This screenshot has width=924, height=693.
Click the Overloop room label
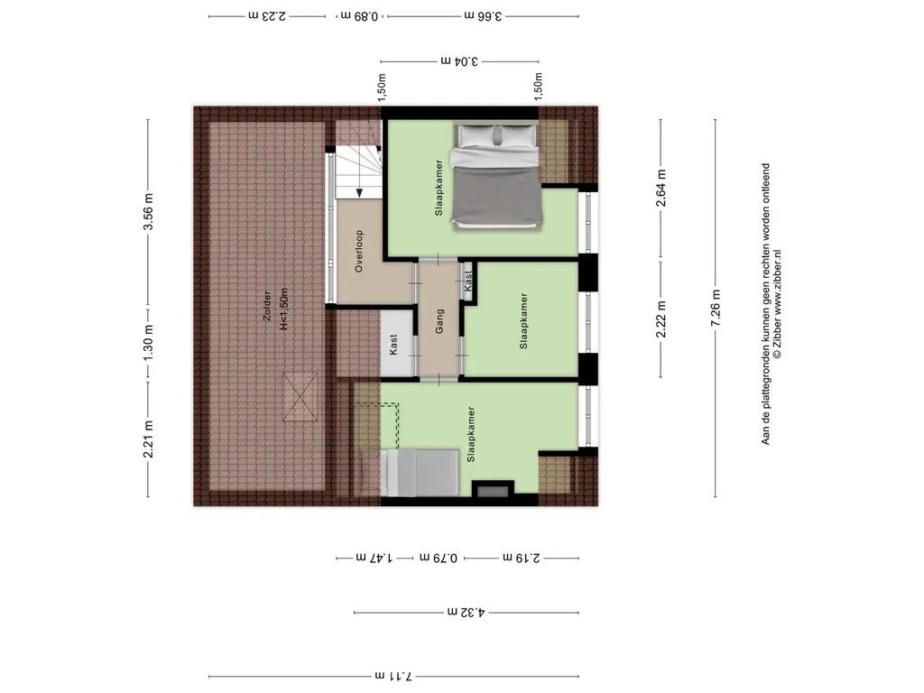[x=359, y=251]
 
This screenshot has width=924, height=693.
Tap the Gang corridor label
[x=439, y=322]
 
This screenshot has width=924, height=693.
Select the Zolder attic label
[x=267, y=306]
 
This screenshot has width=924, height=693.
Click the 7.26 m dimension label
[x=716, y=308]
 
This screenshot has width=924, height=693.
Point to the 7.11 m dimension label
[x=393, y=675]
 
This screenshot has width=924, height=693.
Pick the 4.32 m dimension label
[x=466, y=613]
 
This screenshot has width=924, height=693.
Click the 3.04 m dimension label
[x=459, y=60]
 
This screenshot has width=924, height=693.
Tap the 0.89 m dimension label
[x=359, y=16]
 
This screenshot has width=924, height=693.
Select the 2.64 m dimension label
[x=661, y=188]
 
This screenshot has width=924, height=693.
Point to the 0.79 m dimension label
[x=439, y=558]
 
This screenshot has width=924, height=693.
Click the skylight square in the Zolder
[x=300, y=397]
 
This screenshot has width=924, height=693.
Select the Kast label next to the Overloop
[x=393, y=344]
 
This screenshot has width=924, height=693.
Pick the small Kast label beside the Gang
[x=468, y=281]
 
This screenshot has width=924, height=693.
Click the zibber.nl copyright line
[x=777, y=304]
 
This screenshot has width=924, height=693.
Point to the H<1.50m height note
[x=284, y=309]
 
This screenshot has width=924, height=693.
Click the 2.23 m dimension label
[x=267, y=16]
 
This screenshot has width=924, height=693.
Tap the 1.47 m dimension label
[x=374, y=558]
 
